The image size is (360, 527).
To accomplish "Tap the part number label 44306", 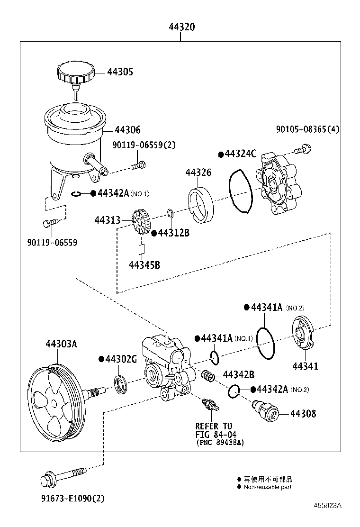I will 127,130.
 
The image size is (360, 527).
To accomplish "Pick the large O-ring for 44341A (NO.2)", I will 266,343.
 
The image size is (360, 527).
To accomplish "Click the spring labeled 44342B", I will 208,376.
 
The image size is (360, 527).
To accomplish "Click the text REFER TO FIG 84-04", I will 214,430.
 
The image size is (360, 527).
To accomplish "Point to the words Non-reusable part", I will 267,487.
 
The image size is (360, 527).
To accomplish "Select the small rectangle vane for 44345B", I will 141,248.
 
